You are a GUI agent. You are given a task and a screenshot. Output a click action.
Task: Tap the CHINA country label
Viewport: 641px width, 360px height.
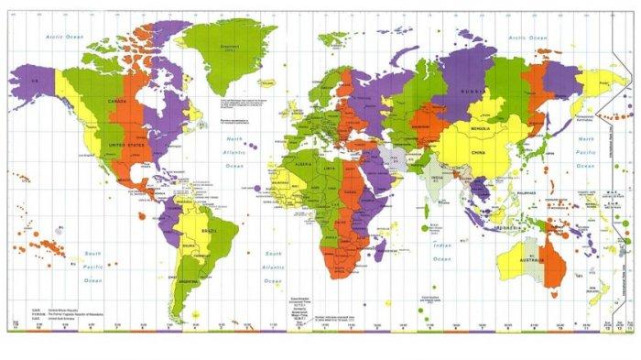coord(478,152)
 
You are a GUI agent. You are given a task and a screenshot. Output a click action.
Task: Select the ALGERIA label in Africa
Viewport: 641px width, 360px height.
coord(306,167)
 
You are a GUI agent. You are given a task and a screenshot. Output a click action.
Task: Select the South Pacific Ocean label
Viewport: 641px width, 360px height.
coord(90,267)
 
